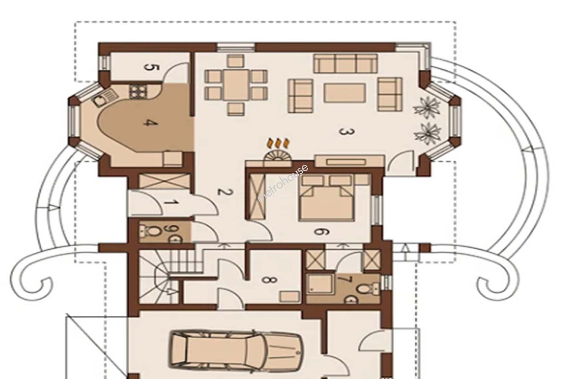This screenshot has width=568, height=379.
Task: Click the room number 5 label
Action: click(151, 68)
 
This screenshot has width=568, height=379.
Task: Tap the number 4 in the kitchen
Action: click(151, 124)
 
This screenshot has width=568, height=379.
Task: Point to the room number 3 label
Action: click(347, 132)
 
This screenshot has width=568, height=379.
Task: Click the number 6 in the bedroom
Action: click(322, 232)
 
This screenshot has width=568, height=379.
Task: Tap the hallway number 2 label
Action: click(225, 192)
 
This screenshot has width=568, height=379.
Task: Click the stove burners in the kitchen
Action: click(138, 92)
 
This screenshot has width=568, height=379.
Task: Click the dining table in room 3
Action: click(236, 85)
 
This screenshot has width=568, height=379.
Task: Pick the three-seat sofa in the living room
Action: click(346, 63)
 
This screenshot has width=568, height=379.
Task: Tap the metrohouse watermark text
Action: click(283, 183)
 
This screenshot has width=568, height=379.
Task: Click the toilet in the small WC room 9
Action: click(151, 231)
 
